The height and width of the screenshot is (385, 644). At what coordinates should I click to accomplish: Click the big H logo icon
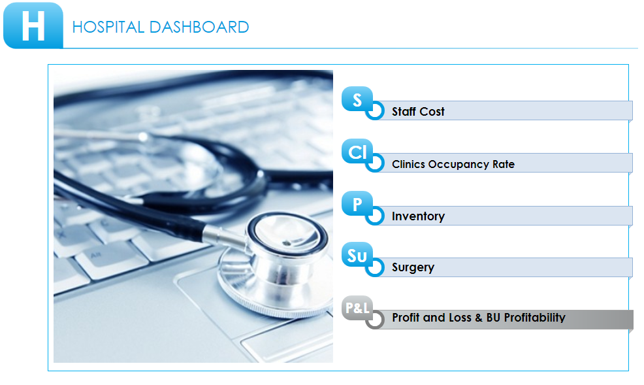[33, 25]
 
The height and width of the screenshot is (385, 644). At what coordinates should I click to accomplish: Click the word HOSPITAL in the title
[108, 27]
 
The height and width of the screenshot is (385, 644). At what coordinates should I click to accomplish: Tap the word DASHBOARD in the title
[199, 27]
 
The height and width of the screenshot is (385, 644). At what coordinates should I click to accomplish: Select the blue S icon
[357, 99]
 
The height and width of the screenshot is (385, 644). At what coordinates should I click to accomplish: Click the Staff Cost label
[418, 111]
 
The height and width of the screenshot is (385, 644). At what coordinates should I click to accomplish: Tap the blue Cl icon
[357, 151]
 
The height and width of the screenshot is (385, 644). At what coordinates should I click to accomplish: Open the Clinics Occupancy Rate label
[453, 164]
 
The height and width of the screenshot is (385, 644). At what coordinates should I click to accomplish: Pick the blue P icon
[357, 203]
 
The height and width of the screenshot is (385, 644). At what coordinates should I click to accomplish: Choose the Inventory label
[418, 216]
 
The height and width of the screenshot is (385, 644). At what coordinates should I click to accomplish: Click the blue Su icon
[357, 255]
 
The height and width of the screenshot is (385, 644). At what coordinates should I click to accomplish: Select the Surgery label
[413, 267]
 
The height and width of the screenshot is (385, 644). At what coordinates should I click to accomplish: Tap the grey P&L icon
[357, 308]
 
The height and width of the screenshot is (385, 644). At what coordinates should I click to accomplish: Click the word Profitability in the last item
[534, 318]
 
